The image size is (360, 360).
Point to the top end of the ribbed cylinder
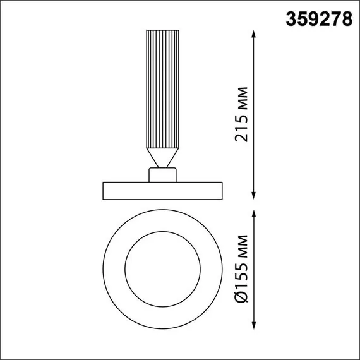tap(163, 31)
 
